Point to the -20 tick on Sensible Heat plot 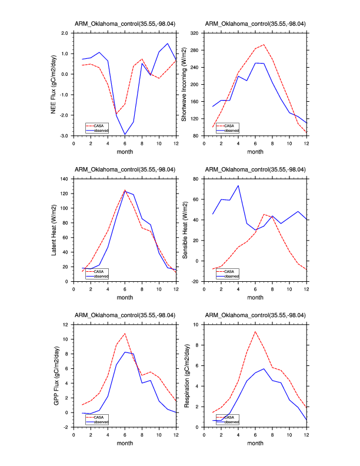[x=195, y=281]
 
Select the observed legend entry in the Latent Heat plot [x=100, y=275]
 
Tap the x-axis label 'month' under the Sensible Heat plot [x=255, y=297]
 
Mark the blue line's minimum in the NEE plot [x=125, y=135]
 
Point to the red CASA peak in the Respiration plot [x=255, y=332]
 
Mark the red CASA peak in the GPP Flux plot [x=125, y=334]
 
